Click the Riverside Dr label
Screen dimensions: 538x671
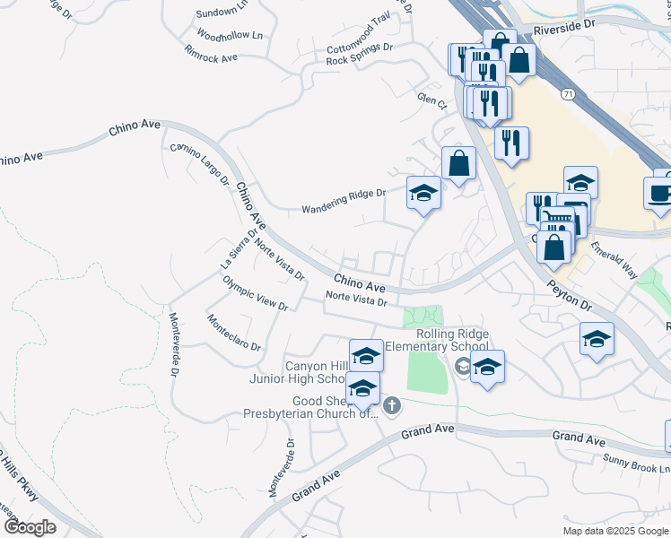(563, 29)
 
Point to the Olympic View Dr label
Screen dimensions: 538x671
(256, 293)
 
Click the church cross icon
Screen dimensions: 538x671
(390, 407)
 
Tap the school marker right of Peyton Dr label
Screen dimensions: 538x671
(597, 339)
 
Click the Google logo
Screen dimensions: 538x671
(30, 527)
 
